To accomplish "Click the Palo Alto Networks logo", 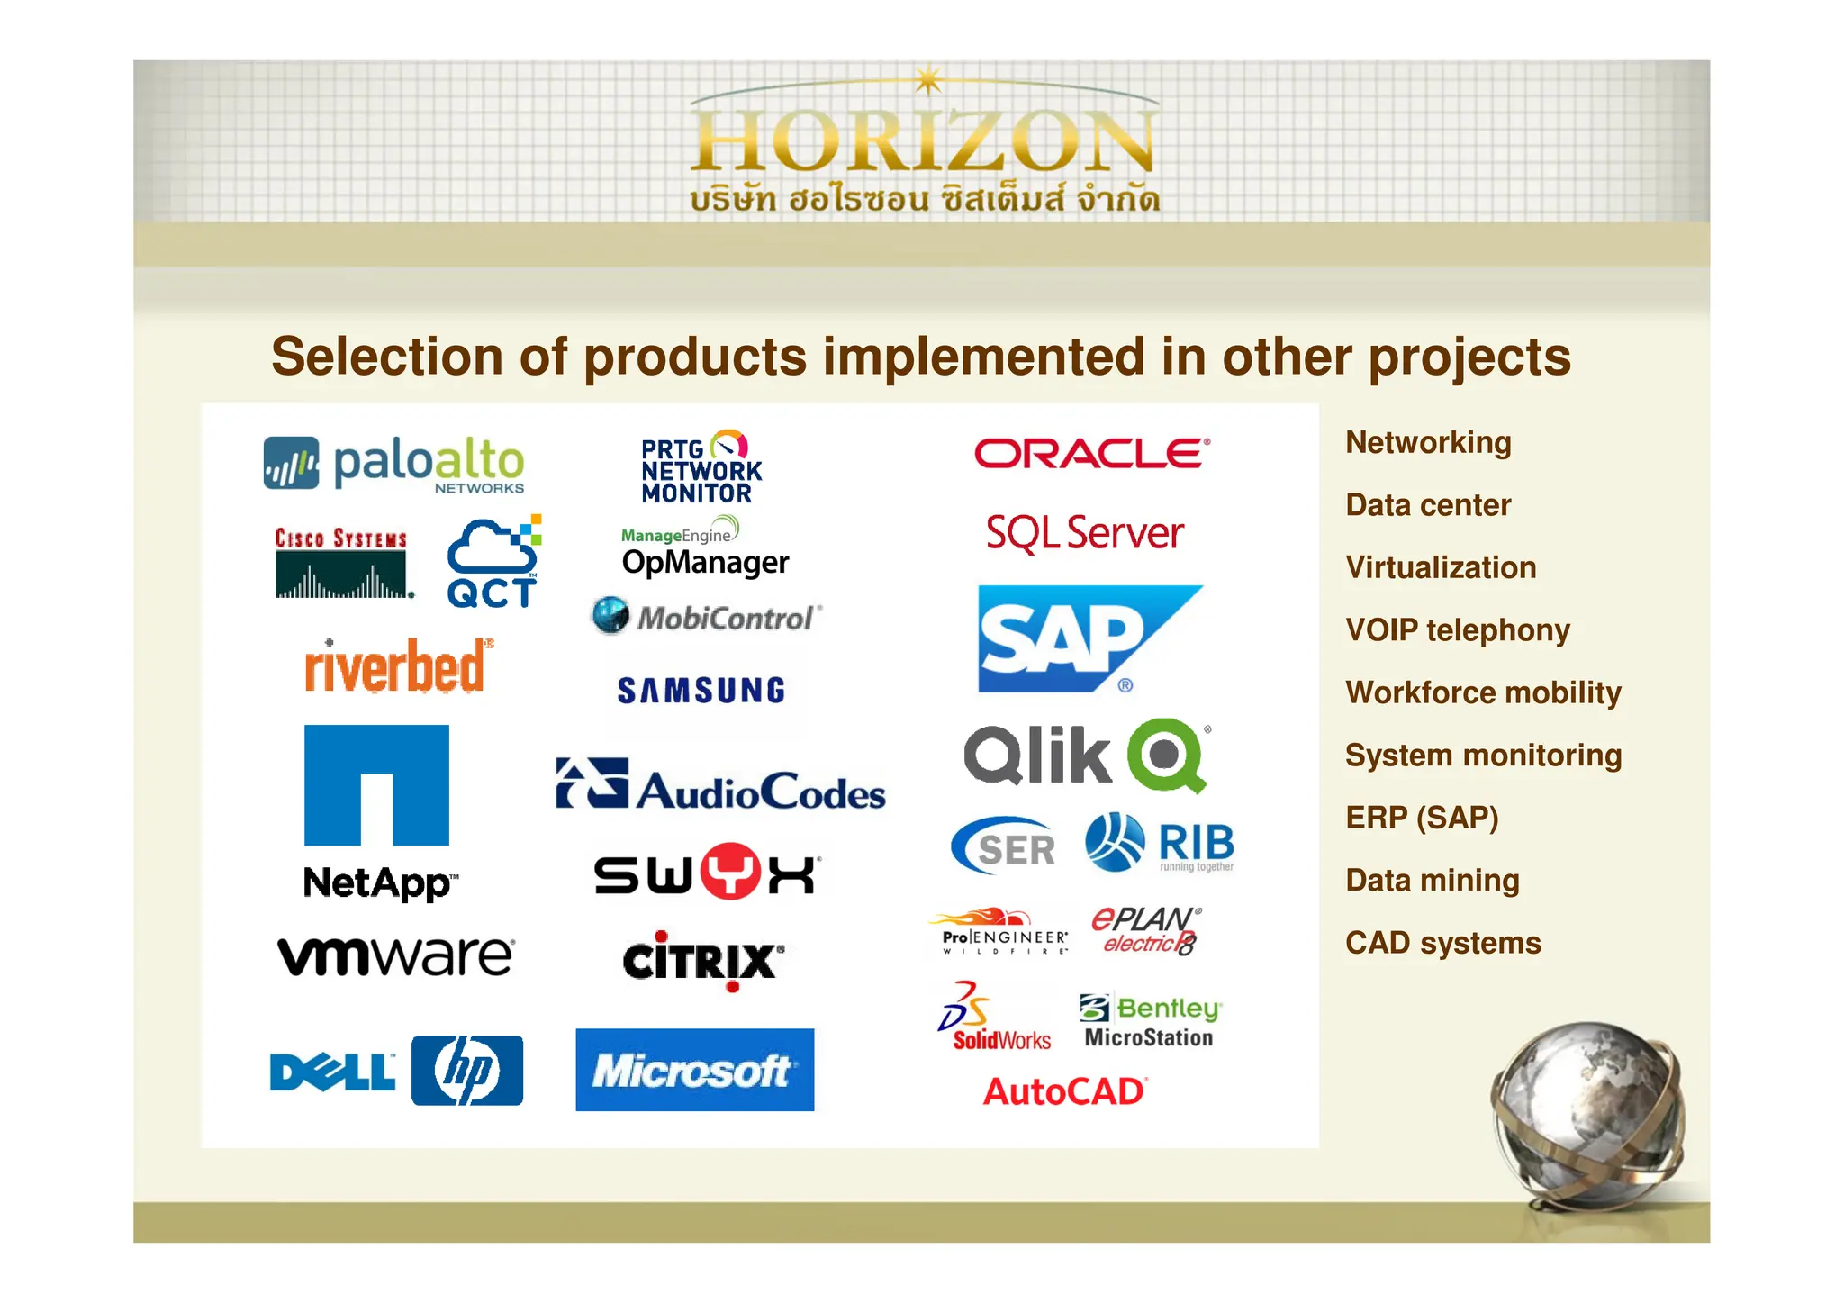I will tap(393, 464).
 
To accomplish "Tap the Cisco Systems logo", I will tap(342, 564).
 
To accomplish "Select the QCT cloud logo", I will tap(493, 563).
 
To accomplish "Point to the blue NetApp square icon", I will tap(376, 785).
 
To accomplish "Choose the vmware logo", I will tap(396, 955).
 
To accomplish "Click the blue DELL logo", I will tap(332, 1072).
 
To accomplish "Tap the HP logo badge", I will tap(467, 1071).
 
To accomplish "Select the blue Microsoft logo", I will tap(694, 1070).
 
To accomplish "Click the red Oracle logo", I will tap(1091, 453).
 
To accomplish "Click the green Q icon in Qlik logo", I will tap(1166, 755).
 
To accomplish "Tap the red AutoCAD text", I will tap(1064, 1091).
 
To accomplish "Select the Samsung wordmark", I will tap(701, 691).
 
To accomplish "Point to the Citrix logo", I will tap(702, 961).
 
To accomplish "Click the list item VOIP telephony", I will tap(1458, 629).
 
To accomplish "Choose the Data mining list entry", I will tap(1433, 880).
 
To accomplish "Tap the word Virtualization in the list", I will tap(1441, 567).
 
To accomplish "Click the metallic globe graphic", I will tap(1586, 1113).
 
